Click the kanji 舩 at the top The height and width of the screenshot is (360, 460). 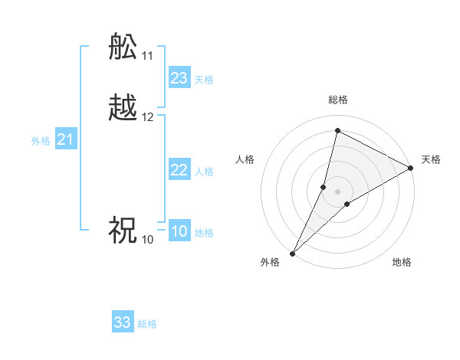(x=123, y=47)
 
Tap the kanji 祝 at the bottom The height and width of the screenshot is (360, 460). (x=123, y=231)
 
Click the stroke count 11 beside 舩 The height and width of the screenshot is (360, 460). (x=147, y=56)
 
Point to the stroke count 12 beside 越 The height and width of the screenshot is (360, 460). (x=147, y=117)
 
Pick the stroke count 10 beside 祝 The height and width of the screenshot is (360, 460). (x=147, y=240)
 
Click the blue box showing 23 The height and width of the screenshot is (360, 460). (x=179, y=78)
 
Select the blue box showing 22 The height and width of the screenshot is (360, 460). (x=179, y=170)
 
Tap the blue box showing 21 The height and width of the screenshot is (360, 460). (x=66, y=139)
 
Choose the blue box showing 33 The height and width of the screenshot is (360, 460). (x=123, y=322)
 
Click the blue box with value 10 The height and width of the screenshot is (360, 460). (x=179, y=231)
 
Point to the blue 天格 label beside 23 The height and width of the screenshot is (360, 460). (x=204, y=80)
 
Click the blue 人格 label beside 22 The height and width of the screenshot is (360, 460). (x=204, y=172)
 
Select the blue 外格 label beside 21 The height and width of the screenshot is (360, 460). (x=41, y=141)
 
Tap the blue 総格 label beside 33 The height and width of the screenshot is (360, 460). (x=147, y=324)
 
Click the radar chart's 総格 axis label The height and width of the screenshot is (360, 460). (x=337, y=100)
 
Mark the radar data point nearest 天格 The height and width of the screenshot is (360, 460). (x=411, y=169)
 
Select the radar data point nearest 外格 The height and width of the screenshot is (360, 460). (x=292, y=253)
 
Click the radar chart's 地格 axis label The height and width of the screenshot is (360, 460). (x=402, y=263)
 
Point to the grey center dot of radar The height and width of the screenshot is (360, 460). (x=337, y=191)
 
